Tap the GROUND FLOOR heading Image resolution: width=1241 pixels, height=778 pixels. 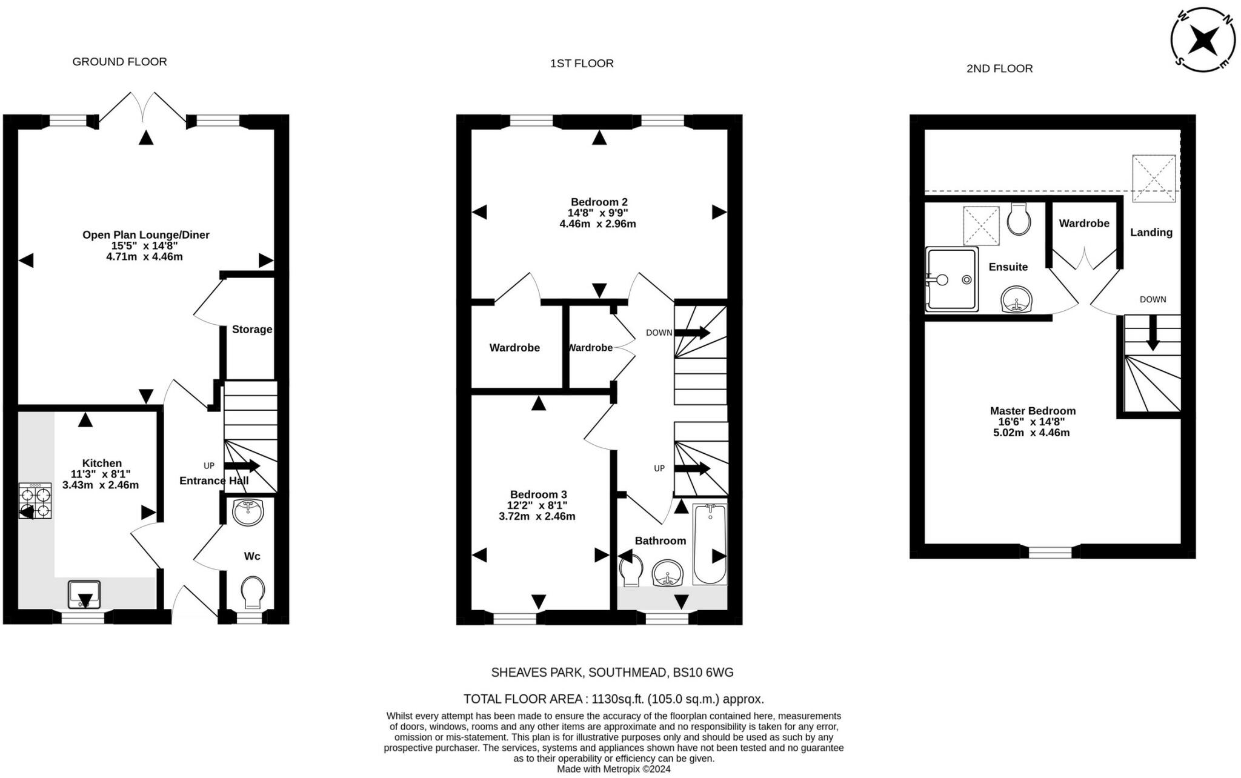click(119, 62)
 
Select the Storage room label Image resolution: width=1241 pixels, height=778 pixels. click(252, 330)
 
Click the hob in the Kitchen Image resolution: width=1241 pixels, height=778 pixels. click(35, 501)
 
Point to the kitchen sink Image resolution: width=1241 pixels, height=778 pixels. click(84, 594)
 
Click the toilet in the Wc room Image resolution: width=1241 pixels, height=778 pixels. click(252, 593)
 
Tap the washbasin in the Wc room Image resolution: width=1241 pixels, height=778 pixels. click(248, 513)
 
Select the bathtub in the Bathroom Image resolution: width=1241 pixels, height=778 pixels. click(710, 544)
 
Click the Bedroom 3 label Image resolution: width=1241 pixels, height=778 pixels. click(539, 494)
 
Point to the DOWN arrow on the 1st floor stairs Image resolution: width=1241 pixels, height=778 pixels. click(692, 333)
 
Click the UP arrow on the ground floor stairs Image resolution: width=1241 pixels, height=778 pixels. click(242, 466)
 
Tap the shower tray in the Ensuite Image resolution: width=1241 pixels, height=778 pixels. click(952, 279)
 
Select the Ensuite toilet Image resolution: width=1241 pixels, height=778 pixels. click(1019, 219)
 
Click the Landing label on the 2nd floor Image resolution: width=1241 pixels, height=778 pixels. click(1151, 233)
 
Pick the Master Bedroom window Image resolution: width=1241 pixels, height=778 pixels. click(1050, 552)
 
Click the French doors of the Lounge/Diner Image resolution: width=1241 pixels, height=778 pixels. click(143, 108)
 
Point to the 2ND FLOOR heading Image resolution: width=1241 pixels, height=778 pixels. click(999, 69)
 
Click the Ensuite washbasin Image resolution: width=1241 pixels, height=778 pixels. click(1016, 299)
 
